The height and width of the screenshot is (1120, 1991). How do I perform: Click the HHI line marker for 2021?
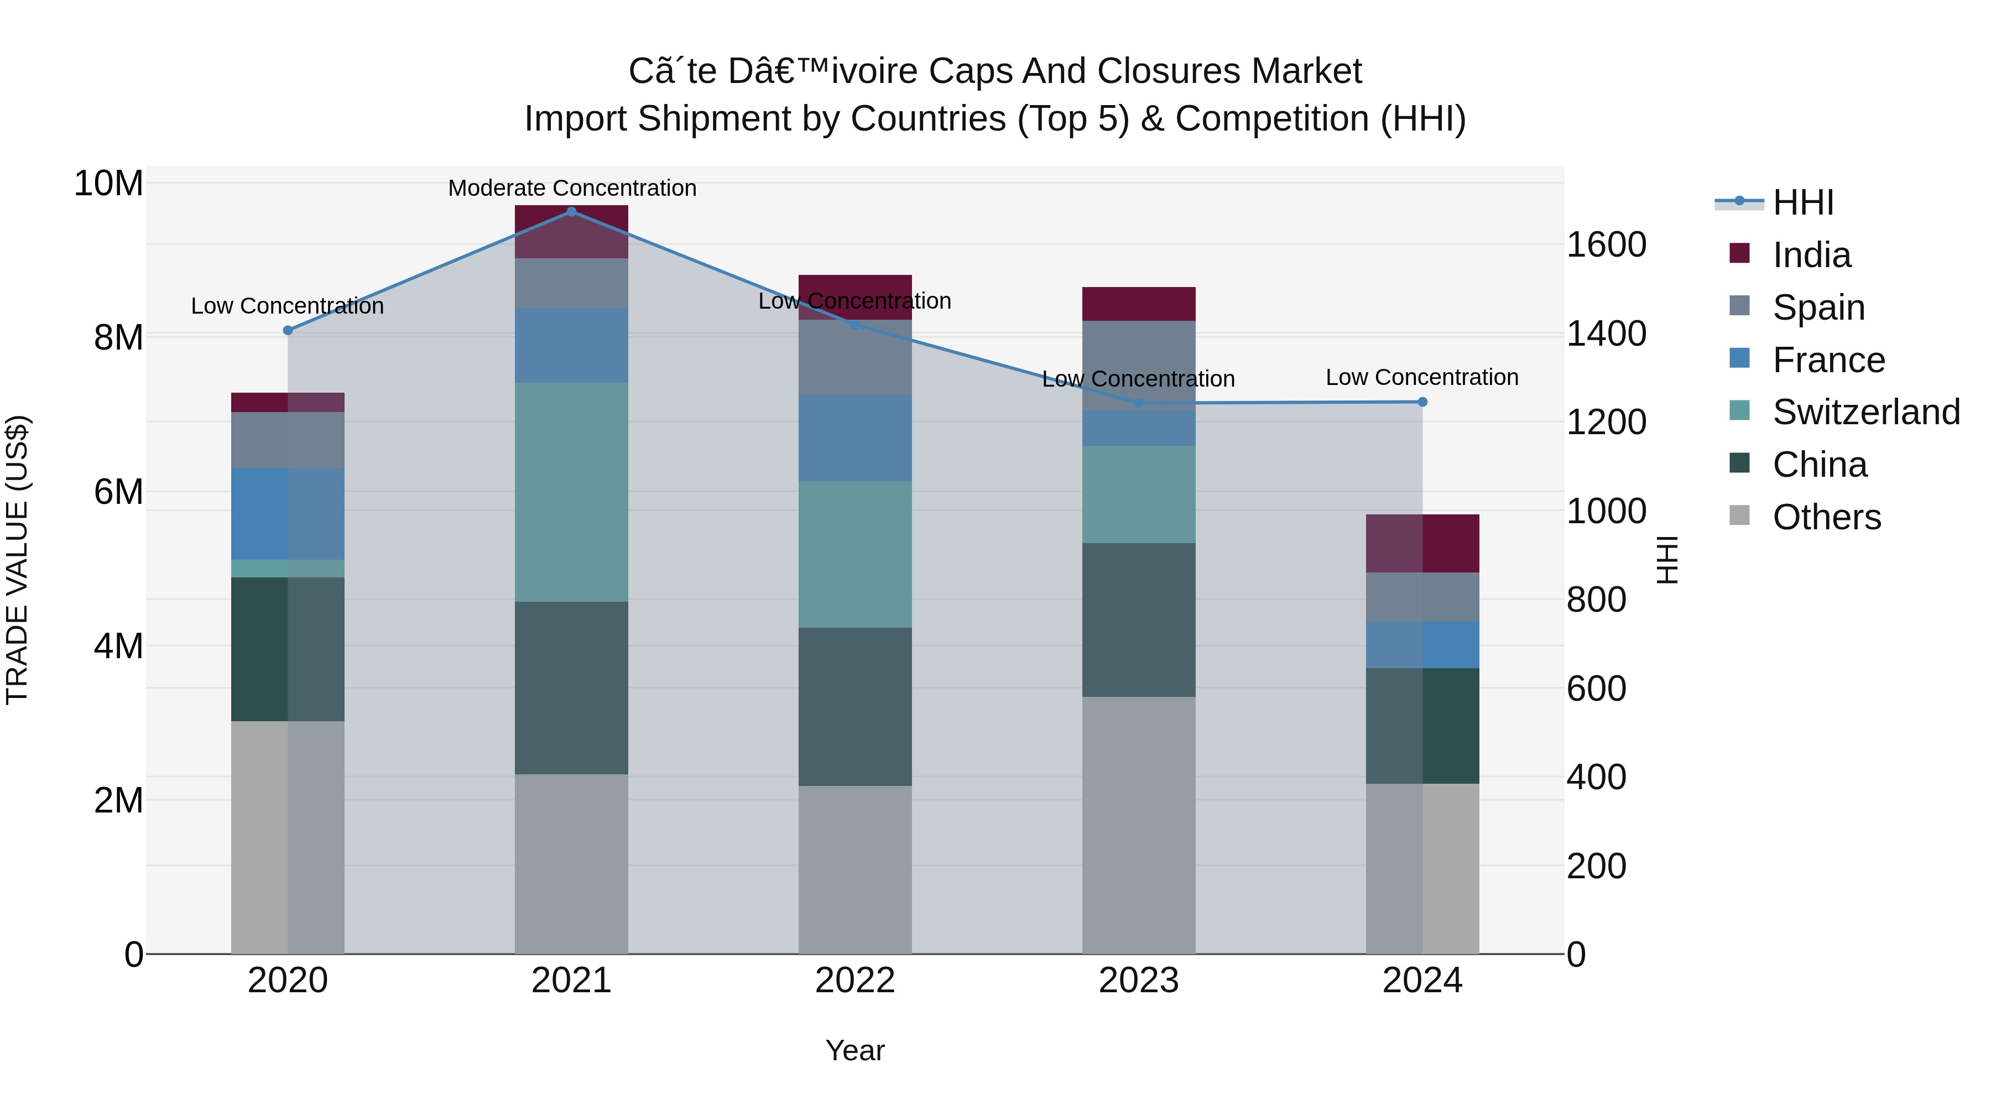click(x=571, y=212)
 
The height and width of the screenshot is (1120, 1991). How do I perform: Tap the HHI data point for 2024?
click(x=1422, y=402)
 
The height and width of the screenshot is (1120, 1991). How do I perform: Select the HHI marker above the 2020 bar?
click(x=288, y=331)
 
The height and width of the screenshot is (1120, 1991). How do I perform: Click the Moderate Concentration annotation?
click(x=572, y=189)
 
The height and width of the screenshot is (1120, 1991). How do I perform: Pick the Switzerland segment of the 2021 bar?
click(x=571, y=492)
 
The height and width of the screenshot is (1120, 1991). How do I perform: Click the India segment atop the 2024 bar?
click(x=1422, y=543)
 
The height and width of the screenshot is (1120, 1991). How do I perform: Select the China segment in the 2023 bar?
click(x=1139, y=620)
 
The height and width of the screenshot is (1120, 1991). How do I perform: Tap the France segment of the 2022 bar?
click(x=855, y=438)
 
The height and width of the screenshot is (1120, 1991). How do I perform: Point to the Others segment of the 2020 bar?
click(x=288, y=837)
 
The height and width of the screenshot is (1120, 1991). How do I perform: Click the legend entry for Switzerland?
click(x=1866, y=412)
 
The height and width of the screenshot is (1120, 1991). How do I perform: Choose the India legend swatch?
click(x=1739, y=253)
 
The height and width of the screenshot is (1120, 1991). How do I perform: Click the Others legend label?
click(x=1826, y=517)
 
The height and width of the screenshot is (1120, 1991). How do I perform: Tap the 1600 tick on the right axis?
click(x=1606, y=245)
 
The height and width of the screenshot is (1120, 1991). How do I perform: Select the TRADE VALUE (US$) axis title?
click(x=17, y=560)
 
